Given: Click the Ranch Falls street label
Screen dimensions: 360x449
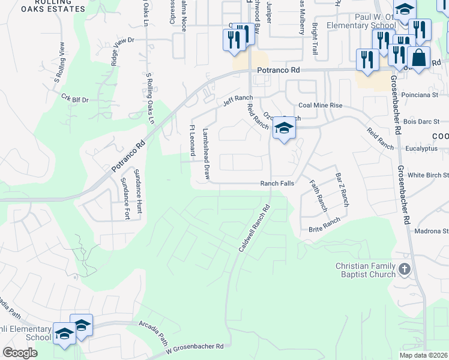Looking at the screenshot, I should pyautogui.click(x=277, y=184).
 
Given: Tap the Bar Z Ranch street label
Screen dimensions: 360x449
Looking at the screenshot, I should pyautogui.click(x=342, y=189).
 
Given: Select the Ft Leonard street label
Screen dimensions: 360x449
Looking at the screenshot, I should pyautogui.click(x=193, y=140).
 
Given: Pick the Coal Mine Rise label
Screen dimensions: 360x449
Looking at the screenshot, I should pyautogui.click(x=321, y=105).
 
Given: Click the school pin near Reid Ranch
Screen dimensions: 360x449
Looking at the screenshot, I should pyautogui.click(x=284, y=128).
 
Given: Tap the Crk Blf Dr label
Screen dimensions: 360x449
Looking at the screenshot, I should pyautogui.click(x=75, y=98).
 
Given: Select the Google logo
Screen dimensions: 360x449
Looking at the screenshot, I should pyautogui.click(x=20, y=352).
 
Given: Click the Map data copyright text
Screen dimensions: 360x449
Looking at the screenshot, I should pyautogui.click(x=423, y=355).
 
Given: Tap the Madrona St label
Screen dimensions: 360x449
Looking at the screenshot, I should pyautogui.click(x=437, y=230).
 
